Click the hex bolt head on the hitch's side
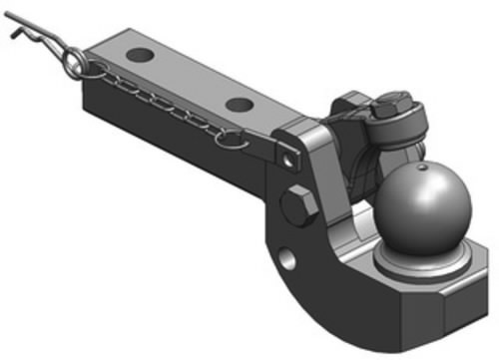[x=299, y=207]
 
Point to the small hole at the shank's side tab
[x=290, y=158]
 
